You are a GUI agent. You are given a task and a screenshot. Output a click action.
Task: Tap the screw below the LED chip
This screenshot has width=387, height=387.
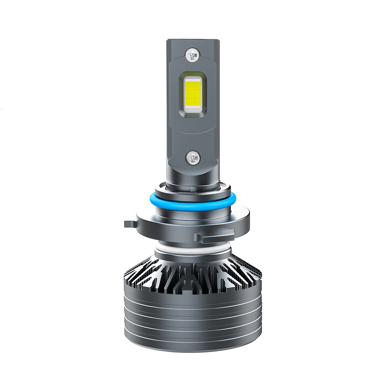[x=192, y=157]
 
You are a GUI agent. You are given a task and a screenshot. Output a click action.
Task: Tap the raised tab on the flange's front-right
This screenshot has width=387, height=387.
[x=214, y=236]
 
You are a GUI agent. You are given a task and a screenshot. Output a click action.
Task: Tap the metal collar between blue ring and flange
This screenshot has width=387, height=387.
[x=192, y=211]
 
